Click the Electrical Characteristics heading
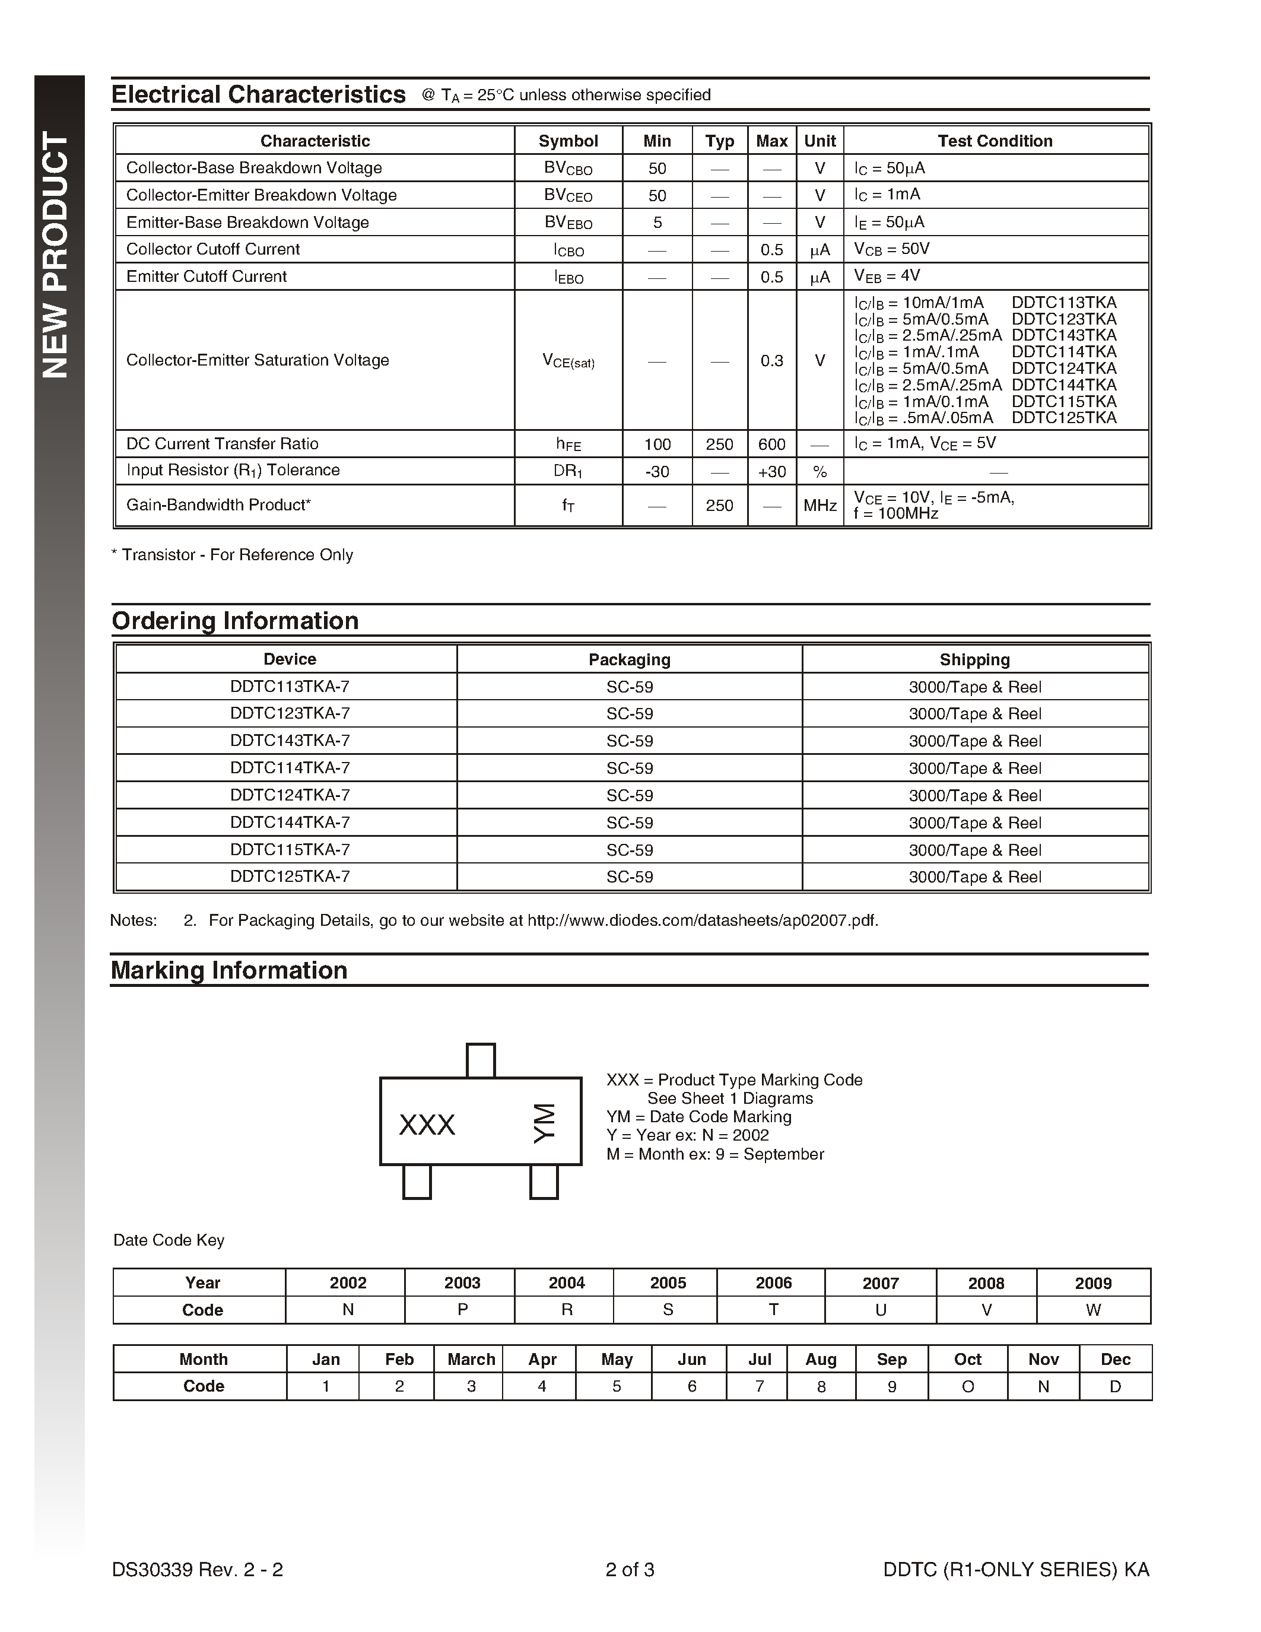click(x=259, y=95)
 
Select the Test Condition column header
click(x=995, y=141)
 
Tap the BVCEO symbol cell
click(x=568, y=195)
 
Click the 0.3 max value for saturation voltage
click(x=771, y=361)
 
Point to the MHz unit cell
click(x=820, y=506)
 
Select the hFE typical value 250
click(x=719, y=444)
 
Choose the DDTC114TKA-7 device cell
click(x=290, y=768)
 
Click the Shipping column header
click(x=974, y=660)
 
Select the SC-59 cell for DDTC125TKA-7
click(x=629, y=877)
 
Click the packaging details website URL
click(x=702, y=920)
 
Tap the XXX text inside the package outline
click(x=427, y=1125)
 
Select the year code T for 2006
click(x=773, y=1310)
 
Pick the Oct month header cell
click(x=967, y=1359)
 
